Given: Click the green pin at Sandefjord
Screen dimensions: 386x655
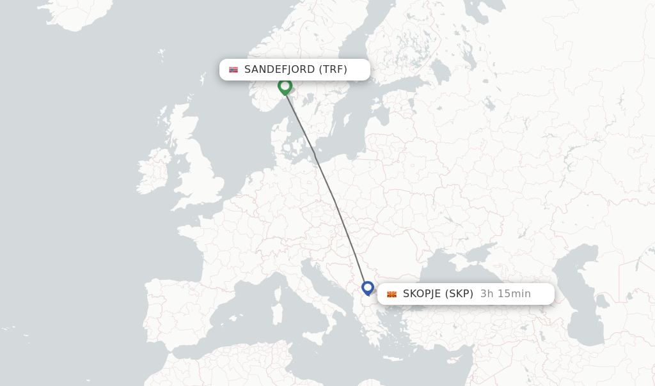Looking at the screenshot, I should pyautogui.click(x=285, y=86).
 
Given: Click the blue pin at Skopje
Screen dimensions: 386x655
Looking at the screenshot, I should pyautogui.click(x=368, y=288).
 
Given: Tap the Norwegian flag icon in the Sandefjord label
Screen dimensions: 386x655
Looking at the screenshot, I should pyautogui.click(x=233, y=70).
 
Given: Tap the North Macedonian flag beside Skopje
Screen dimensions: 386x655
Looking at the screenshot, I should pyautogui.click(x=391, y=294).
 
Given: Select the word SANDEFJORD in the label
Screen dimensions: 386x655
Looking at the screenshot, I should pyautogui.click(x=280, y=70).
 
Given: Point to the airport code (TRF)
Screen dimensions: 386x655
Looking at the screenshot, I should pyautogui.click(x=333, y=70).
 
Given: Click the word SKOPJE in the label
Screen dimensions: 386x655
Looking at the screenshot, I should pyautogui.click(x=422, y=294).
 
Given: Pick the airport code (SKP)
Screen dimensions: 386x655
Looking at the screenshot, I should pyautogui.click(x=459, y=294).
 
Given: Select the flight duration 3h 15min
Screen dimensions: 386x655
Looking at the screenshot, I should pyautogui.click(x=505, y=294).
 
